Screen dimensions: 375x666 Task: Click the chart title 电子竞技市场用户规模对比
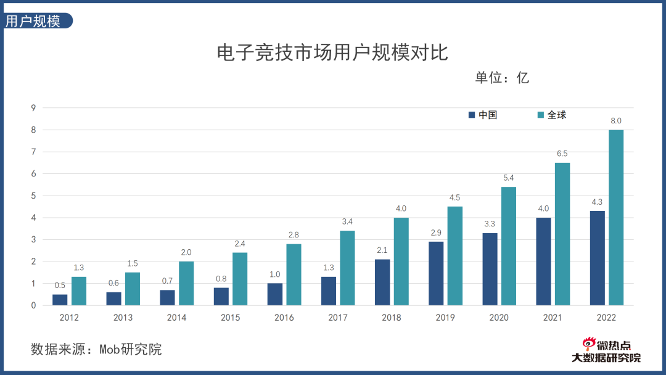point(332,52)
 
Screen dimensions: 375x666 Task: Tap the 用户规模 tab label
point(33,21)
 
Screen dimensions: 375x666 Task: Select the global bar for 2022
point(616,217)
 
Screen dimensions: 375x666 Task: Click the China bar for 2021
point(543,261)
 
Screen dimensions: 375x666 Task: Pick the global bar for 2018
point(401,261)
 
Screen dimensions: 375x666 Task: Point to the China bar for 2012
point(60,299)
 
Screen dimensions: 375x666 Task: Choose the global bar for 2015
point(239,279)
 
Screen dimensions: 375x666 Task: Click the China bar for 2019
point(436,273)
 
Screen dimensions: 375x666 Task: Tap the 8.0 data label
point(616,121)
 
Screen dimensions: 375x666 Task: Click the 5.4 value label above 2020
point(509,178)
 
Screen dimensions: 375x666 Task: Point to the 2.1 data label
point(382,250)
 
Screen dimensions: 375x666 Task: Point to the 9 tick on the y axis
point(34,108)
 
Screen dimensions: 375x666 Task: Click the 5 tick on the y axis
point(34,196)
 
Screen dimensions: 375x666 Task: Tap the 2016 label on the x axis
point(284,318)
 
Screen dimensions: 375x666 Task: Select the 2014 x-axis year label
point(176,318)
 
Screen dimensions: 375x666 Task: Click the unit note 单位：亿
point(502,78)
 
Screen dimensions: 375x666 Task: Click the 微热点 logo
point(607,345)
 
